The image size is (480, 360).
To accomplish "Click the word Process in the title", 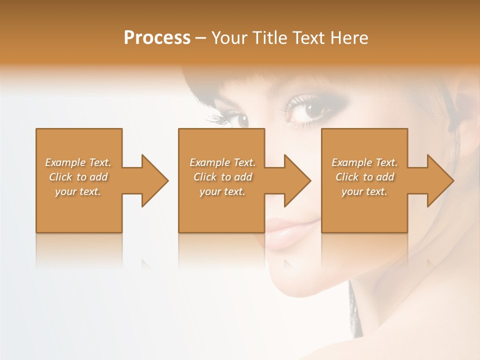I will [x=157, y=38].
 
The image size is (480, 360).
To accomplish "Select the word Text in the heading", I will [x=308, y=38].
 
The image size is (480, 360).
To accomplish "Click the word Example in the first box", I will [x=65, y=162].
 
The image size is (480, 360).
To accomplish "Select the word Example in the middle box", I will [x=209, y=162].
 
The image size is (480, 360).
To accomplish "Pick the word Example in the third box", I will [x=351, y=162].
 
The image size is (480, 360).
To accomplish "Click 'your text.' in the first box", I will [x=78, y=191].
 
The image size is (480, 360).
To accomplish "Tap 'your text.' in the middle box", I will [x=222, y=191].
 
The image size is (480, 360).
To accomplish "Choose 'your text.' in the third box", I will [x=364, y=191].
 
